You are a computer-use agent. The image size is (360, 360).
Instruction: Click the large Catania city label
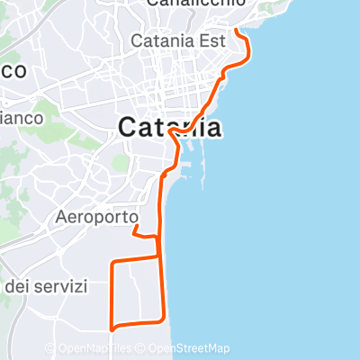tap(170, 127)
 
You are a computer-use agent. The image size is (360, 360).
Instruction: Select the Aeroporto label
tap(96, 217)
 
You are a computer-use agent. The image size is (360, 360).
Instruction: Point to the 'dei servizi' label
tap(46, 287)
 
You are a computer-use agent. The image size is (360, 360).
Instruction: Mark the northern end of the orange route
tap(236, 30)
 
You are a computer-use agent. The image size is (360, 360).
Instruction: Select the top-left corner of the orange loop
tap(111, 262)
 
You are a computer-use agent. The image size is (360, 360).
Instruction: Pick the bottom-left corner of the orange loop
tap(111, 326)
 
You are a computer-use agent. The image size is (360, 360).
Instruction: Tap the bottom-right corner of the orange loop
tap(164, 319)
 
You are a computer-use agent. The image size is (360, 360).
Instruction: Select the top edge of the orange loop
tap(135, 259)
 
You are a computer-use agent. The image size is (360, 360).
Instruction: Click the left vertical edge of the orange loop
tap(111, 293)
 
